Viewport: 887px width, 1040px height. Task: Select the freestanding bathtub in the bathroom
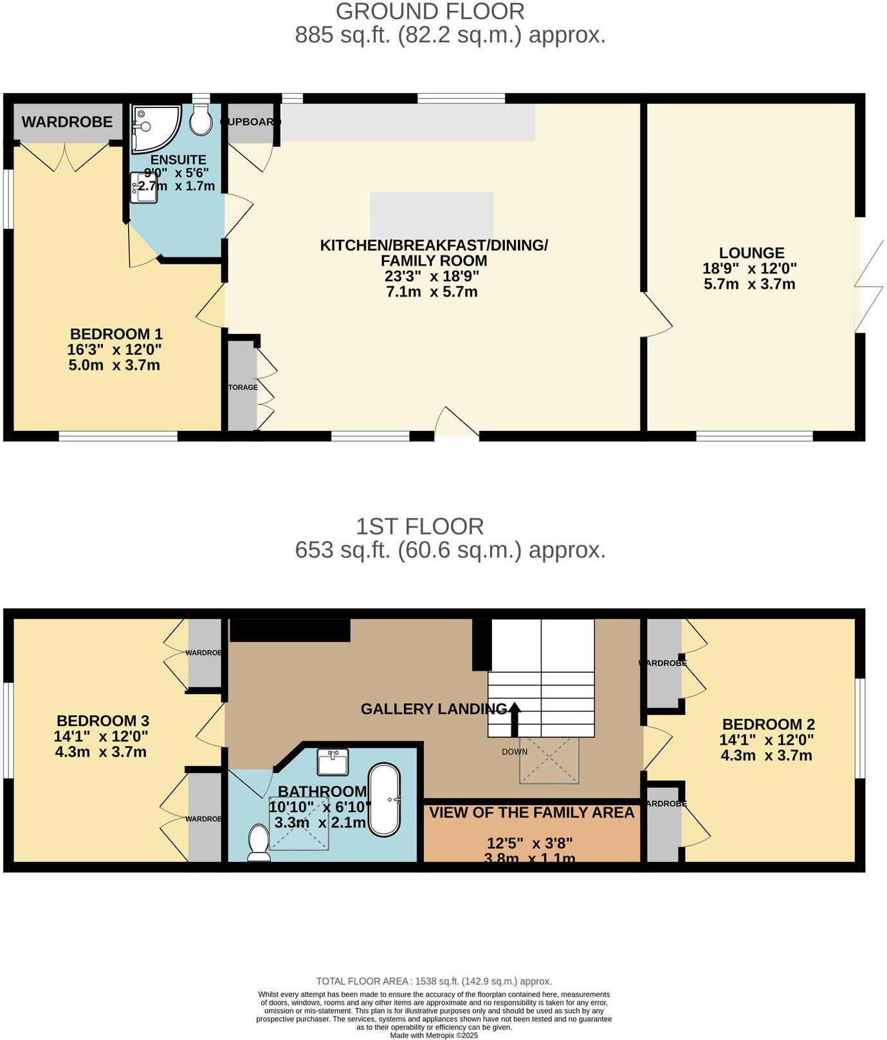coord(384,799)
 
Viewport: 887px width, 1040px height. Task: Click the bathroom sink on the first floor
coord(333,762)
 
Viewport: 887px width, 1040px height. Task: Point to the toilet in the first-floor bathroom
coord(259,843)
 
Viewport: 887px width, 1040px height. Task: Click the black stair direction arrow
coord(514,718)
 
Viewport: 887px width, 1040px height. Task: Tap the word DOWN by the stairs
coord(514,751)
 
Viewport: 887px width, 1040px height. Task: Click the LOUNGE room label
coord(751,253)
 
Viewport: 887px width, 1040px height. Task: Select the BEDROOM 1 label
coord(116,334)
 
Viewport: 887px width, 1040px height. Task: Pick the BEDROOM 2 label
coord(768,724)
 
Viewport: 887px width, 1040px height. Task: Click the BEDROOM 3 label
coord(103,720)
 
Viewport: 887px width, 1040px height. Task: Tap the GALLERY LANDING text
coord(433,709)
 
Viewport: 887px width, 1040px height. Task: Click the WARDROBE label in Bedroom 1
coord(67,122)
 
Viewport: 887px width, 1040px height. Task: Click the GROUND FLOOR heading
coord(430,12)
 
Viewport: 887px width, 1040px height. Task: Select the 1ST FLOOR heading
coord(419,526)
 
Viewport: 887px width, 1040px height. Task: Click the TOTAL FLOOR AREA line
coord(434,981)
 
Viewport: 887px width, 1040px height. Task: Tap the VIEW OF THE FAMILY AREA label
coord(531,812)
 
